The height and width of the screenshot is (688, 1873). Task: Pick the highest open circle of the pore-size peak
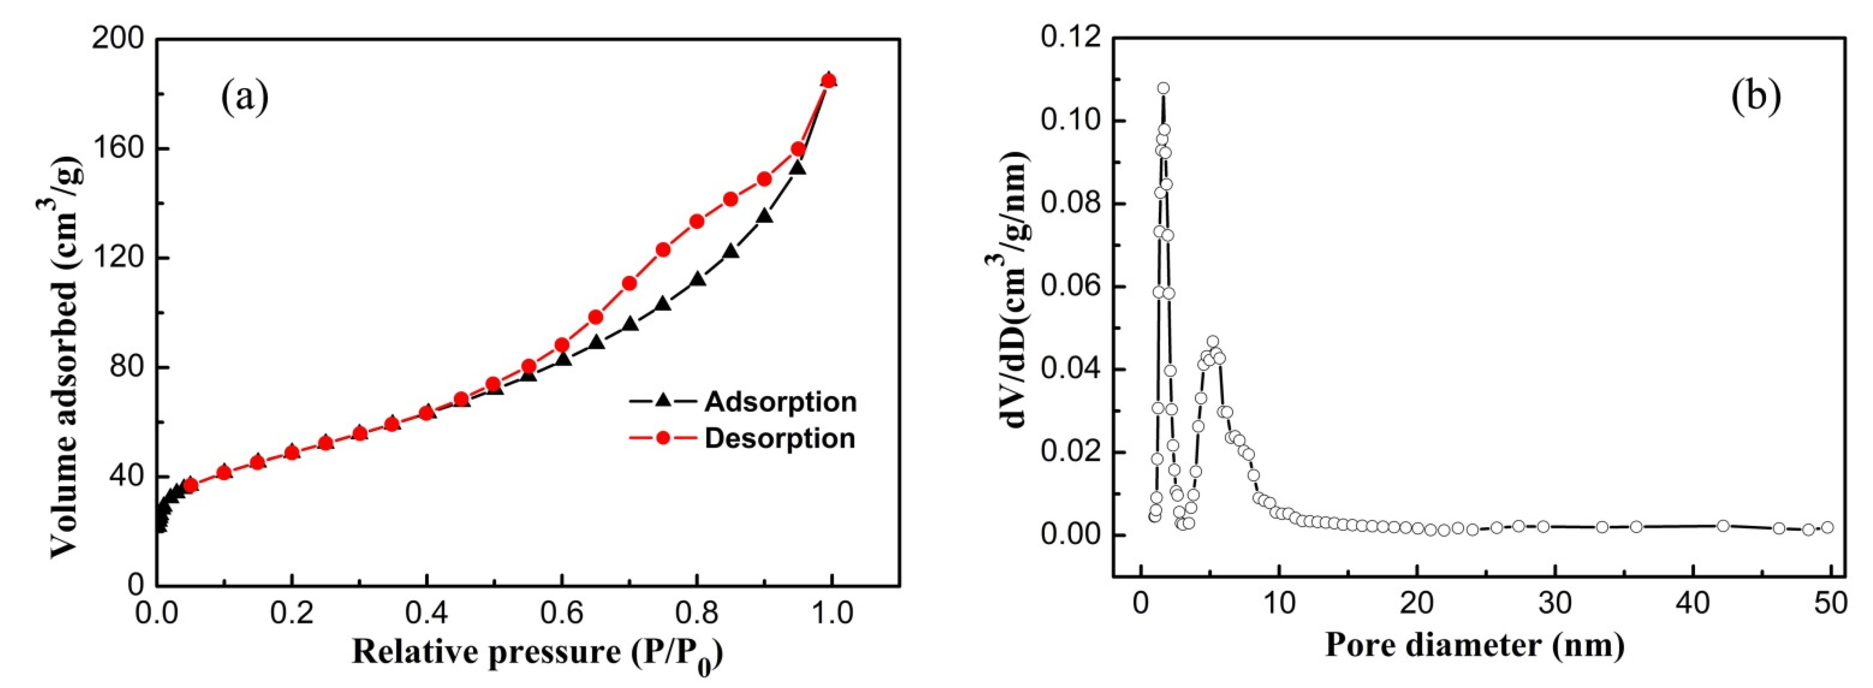pos(1163,89)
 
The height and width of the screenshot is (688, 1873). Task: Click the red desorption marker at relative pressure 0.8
pos(696,221)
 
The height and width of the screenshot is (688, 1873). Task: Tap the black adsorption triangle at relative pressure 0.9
pos(764,216)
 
